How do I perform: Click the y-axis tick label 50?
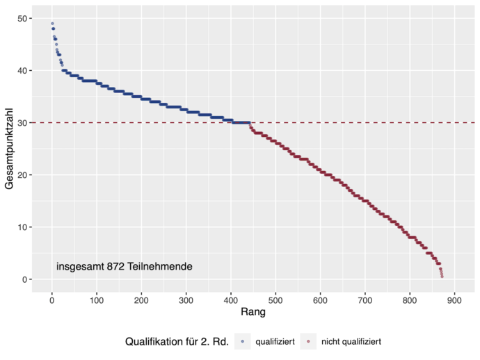coord(22,18)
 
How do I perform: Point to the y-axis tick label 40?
coord(22,70)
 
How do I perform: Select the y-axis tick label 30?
coord(22,123)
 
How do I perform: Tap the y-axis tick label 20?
coord(22,175)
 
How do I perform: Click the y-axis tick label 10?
coord(22,227)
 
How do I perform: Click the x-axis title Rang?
coord(253,312)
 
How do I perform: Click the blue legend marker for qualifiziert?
coord(241,341)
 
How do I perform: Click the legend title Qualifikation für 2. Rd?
coord(177,341)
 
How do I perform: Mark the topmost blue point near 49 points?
coord(52,24)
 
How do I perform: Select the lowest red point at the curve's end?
coord(442,277)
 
